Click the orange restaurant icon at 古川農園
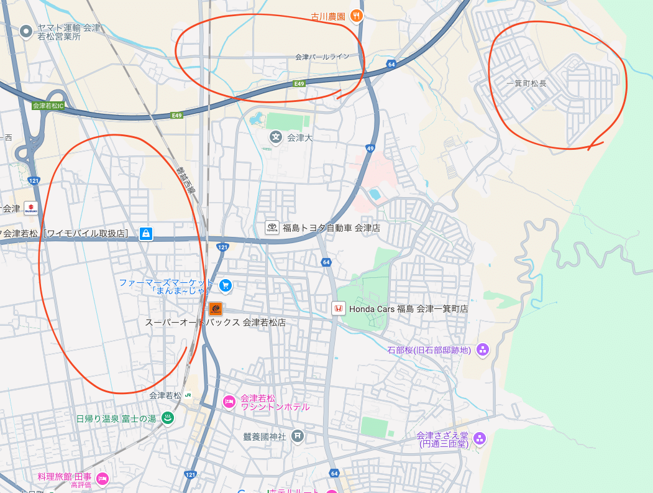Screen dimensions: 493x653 357,16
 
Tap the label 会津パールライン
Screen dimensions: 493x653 322,57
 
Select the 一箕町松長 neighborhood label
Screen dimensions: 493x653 526,83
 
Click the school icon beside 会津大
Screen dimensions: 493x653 275,136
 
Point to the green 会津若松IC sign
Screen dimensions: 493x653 48,106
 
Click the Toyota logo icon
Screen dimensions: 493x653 272,228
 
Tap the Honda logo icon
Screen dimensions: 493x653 338,308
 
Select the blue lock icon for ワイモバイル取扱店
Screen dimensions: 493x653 145,234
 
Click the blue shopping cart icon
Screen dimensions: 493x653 225,286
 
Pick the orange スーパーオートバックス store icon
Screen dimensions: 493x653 215,308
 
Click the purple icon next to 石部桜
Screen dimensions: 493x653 483,350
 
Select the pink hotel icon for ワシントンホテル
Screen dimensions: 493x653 229,402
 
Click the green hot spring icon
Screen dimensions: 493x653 167,418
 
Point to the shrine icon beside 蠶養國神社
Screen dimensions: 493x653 298,436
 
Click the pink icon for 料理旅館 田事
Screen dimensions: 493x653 103,478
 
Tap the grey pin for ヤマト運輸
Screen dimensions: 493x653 26,30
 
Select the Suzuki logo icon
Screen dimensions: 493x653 30,208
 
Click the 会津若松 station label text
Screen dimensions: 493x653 165,395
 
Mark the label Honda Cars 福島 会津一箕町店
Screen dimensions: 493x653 408,308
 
